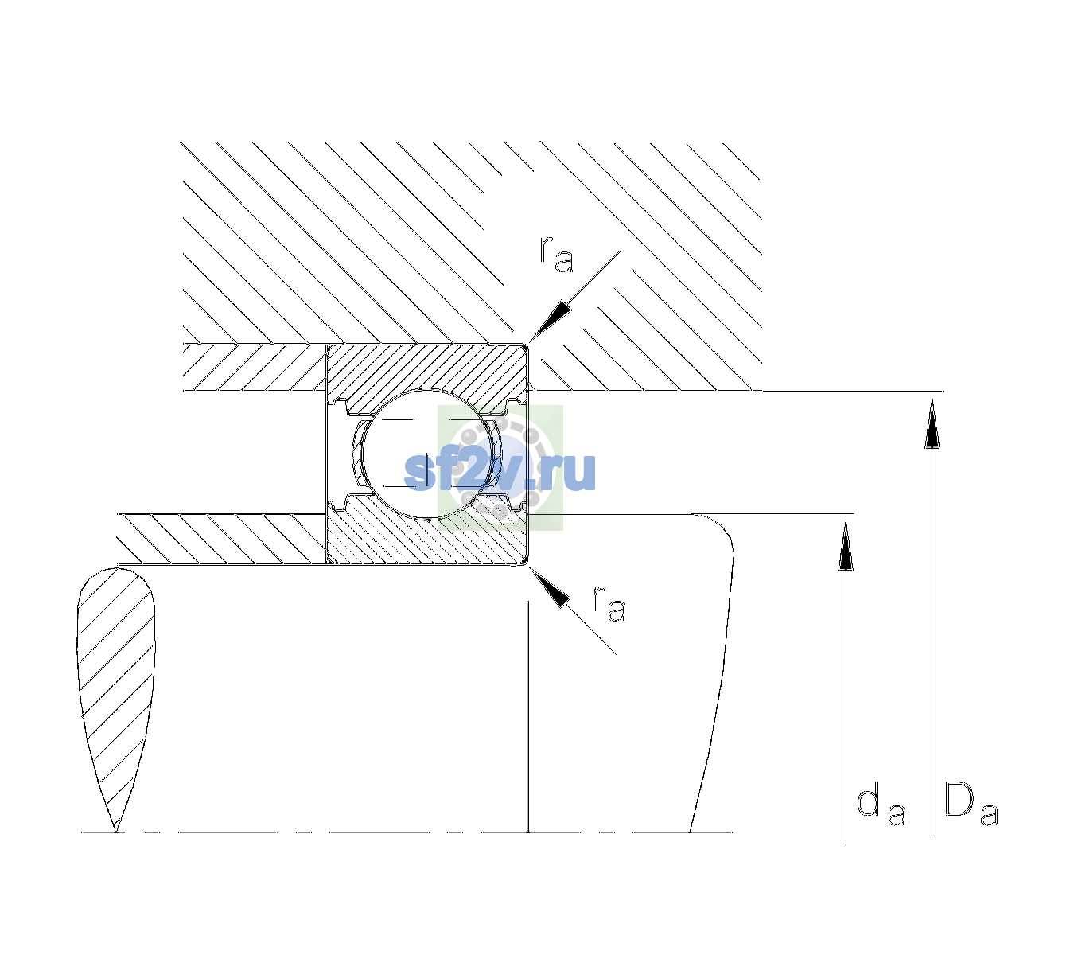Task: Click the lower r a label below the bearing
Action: (609, 602)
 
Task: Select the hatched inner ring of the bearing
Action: (426, 535)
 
